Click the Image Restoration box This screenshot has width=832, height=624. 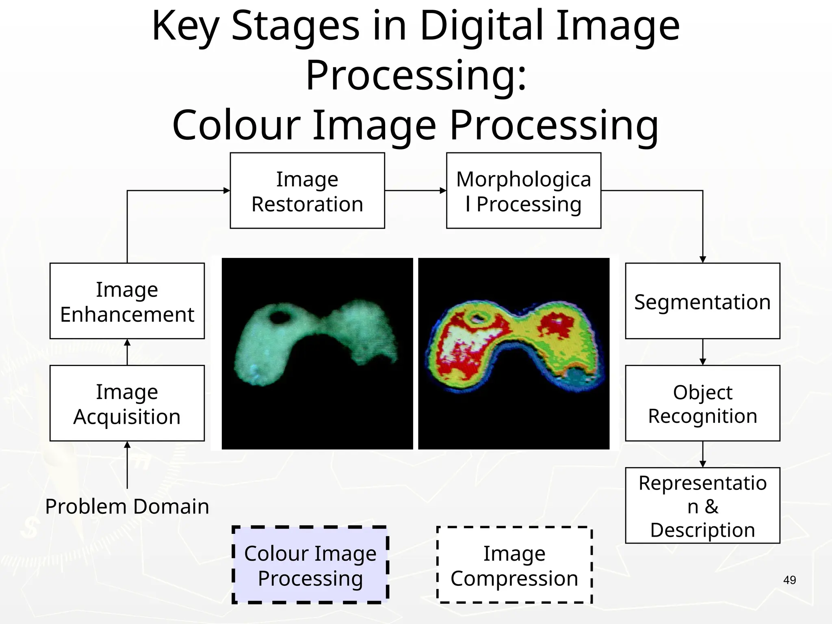(x=307, y=191)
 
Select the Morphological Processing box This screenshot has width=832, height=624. (x=523, y=191)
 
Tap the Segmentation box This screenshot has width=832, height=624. (x=702, y=301)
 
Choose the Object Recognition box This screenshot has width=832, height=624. (x=702, y=403)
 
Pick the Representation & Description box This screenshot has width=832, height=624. (x=702, y=505)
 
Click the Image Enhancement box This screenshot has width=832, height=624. (x=127, y=301)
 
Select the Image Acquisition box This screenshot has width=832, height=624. (x=127, y=403)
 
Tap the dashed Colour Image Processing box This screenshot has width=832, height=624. (x=310, y=565)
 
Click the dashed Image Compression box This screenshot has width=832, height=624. (x=514, y=565)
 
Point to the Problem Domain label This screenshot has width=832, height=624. (x=127, y=506)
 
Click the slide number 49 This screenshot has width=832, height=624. (x=789, y=580)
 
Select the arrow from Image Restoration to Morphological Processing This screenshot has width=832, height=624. (x=415, y=191)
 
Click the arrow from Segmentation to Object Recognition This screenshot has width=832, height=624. (x=703, y=352)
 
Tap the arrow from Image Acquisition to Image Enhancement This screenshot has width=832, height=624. (x=127, y=352)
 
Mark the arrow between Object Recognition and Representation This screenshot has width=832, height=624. (x=703, y=454)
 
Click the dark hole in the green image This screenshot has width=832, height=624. (x=279, y=316)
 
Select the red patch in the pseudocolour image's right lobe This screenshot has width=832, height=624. (x=555, y=325)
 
